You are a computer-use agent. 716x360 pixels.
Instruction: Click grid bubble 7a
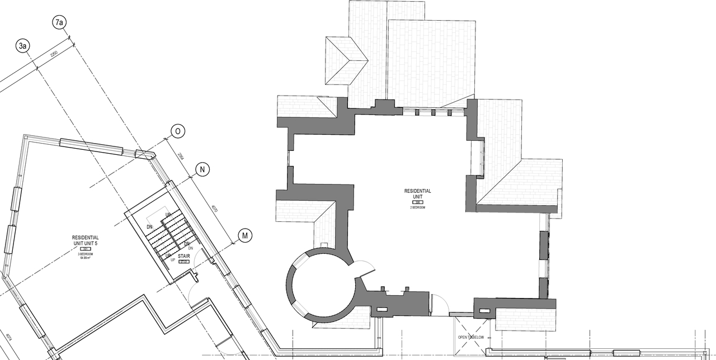click(x=59, y=22)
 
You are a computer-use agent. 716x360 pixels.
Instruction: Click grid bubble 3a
click(x=22, y=46)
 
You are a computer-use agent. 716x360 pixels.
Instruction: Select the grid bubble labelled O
click(x=177, y=131)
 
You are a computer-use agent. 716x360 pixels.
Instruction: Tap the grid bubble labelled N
click(x=202, y=169)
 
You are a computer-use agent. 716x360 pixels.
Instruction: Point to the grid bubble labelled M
click(x=244, y=235)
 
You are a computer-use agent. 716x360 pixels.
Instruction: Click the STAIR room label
click(x=184, y=256)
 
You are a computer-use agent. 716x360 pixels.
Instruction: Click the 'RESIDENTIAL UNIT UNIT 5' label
click(x=86, y=240)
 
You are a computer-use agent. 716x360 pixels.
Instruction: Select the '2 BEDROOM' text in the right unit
click(x=417, y=207)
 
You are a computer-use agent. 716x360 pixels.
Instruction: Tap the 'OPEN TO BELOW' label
click(x=470, y=337)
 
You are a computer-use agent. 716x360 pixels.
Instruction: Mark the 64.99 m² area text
click(x=86, y=258)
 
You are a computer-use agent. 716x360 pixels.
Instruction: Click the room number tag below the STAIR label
click(x=183, y=261)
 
